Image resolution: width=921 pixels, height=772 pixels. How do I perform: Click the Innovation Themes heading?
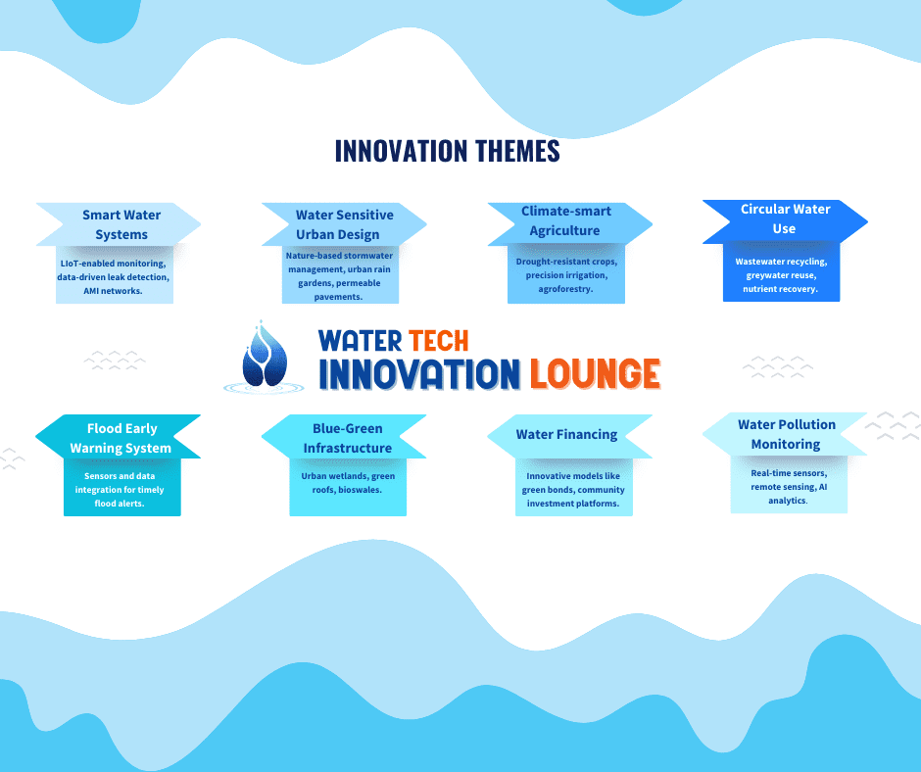(x=447, y=151)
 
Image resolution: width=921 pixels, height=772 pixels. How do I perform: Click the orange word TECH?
(x=438, y=341)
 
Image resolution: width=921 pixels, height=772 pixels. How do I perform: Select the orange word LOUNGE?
(x=595, y=373)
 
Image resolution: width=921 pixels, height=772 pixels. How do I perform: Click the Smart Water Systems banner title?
(x=121, y=224)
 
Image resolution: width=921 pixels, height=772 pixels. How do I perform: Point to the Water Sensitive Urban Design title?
(x=344, y=224)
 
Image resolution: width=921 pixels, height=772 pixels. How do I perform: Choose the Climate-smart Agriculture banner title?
(x=566, y=220)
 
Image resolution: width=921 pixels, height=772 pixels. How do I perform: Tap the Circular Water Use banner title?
(x=785, y=218)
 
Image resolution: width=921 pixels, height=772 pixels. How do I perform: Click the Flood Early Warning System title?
(x=121, y=438)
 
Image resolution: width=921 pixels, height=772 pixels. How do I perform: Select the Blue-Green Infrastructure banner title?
(x=347, y=438)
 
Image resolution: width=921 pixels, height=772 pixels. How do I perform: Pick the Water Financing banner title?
(x=566, y=434)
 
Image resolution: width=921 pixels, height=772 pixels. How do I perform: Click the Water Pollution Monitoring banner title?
(x=787, y=434)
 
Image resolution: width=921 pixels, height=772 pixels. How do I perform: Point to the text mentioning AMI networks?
(x=114, y=276)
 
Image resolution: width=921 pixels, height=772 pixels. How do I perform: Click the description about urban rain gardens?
(x=340, y=276)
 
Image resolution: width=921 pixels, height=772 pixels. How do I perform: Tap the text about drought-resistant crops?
(x=566, y=275)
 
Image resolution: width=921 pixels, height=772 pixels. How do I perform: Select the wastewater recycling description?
(x=781, y=275)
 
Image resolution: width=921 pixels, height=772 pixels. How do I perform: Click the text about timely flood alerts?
(x=120, y=490)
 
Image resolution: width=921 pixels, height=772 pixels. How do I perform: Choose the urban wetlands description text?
(x=348, y=483)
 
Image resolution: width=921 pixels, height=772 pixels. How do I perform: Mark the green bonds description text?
(x=573, y=490)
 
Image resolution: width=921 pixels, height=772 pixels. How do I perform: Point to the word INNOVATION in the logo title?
(x=419, y=373)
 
